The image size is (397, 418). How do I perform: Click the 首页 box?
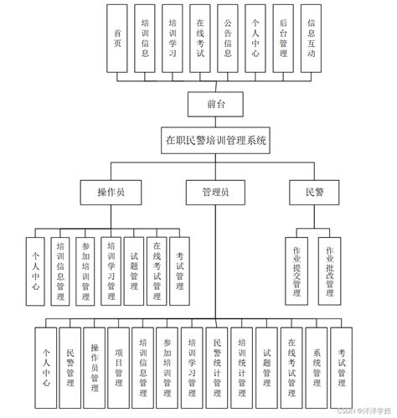[x=118, y=38]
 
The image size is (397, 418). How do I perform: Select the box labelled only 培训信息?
[x=146, y=38]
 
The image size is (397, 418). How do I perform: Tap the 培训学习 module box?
[x=173, y=38]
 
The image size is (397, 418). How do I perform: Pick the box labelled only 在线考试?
[x=201, y=38]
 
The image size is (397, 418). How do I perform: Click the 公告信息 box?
[x=229, y=38]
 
